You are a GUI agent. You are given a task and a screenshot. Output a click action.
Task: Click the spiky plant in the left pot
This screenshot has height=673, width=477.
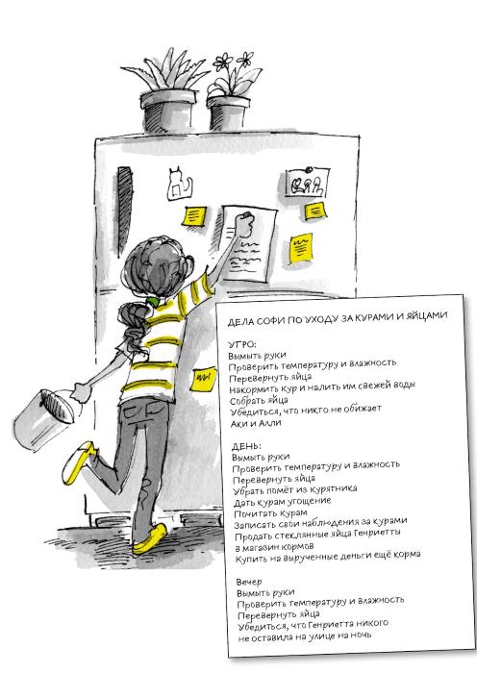click(165, 73)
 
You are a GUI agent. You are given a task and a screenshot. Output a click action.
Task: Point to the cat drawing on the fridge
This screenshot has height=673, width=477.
click(180, 184)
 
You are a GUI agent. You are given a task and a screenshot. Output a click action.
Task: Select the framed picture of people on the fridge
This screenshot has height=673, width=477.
click(308, 183)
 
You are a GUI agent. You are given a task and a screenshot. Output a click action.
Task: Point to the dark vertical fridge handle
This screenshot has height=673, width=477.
click(124, 212)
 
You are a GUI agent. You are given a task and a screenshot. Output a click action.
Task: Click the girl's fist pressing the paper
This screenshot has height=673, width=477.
click(246, 223)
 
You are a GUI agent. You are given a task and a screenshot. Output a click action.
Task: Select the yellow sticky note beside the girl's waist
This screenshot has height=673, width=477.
click(203, 379)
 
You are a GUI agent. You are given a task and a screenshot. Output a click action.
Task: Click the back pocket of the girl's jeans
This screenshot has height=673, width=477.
click(138, 411)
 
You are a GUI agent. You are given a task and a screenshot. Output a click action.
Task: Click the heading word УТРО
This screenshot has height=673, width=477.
click(242, 344)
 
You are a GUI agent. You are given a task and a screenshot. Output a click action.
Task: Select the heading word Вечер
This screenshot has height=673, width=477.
click(249, 582)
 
